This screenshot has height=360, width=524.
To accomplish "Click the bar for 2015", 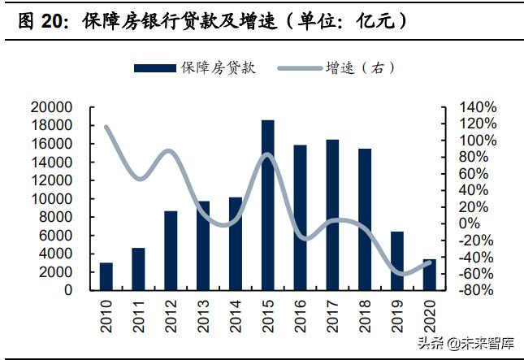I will [x=267, y=205].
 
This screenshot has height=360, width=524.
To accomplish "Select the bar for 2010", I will [x=106, y=276].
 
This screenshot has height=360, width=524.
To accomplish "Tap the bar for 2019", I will [x=397, y=261].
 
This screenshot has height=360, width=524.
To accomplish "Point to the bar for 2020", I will [x=430, y=275].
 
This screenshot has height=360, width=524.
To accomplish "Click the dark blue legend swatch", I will [x=154, y=68].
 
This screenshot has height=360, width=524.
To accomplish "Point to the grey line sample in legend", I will [x=297, y=68].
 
